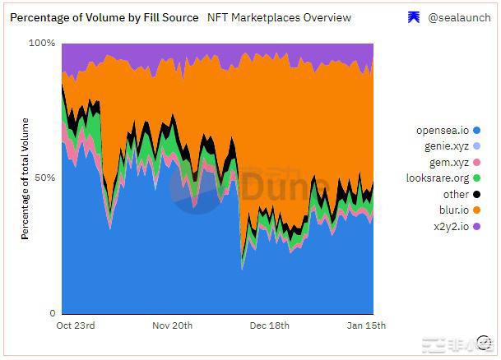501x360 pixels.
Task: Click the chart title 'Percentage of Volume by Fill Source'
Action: pyautogui.click(x=104, y=17)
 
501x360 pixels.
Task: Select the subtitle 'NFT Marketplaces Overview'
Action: pyautogui.click(x=280, y=17)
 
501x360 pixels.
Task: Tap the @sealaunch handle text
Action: pyautogui.click(x=459, y=17)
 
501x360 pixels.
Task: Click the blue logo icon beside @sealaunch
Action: pyautogui.click(x=414, y=17)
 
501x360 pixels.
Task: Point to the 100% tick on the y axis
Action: pyautogui.click(x=42, y=43)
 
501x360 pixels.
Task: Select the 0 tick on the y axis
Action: pyautogui.click(x=51, y=313)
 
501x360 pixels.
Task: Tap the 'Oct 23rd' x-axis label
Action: pyautogui.click(x=76, y=325)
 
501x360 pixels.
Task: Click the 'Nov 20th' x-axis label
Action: pyautogui.click(x=172, y=325)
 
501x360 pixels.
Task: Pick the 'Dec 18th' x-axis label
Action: pyautogui.click(x=269, y=325)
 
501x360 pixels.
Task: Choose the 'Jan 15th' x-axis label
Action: pyautogui.click(x=365, y=325)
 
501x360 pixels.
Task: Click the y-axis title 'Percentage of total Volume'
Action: pyautogui.click(x=26, y=178)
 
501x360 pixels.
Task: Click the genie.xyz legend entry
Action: pyautogui.click(x=445, y=146)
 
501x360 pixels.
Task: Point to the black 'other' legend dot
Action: pyautogui.click(x=477, y=195)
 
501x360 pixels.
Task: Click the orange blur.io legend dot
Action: pyautogui.click(x=477, y=210)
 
